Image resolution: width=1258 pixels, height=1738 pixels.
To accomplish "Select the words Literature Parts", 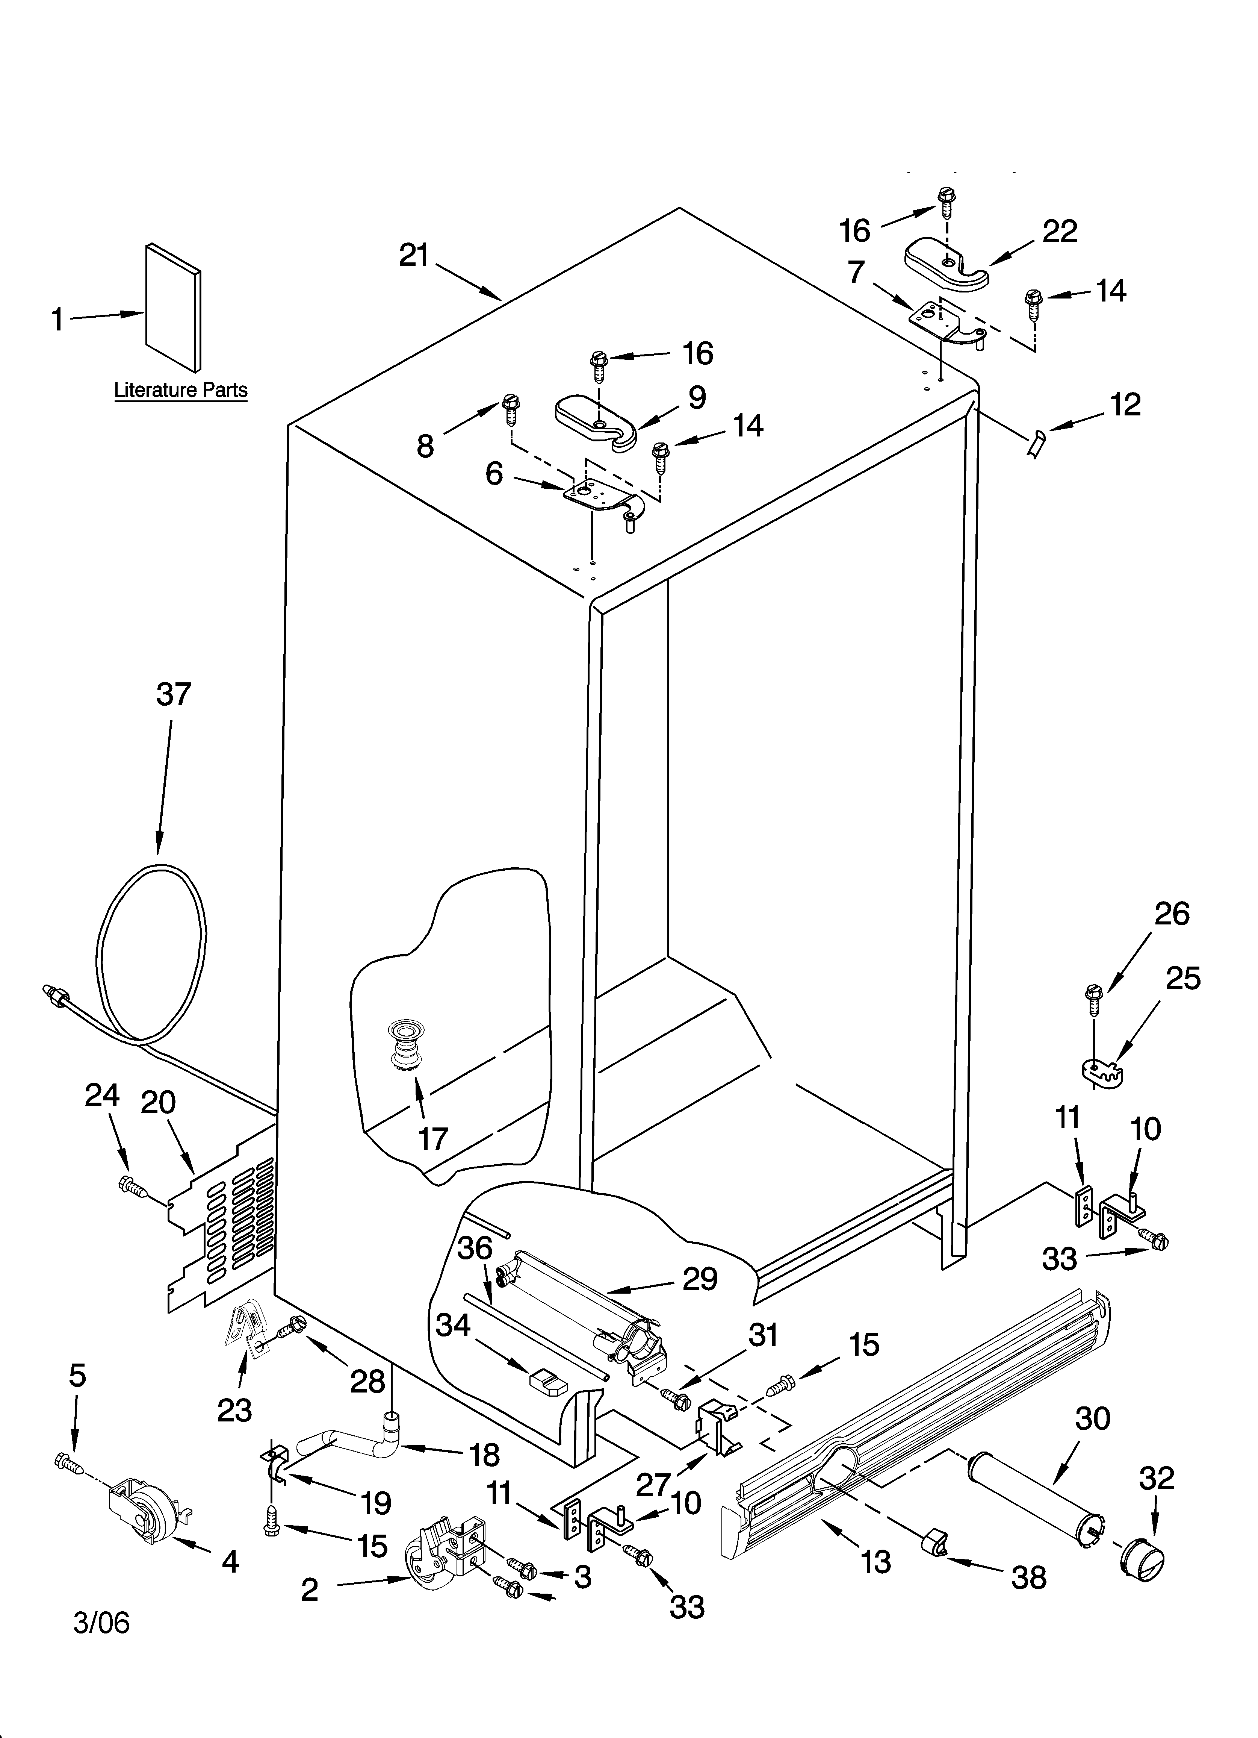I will pos(181,390).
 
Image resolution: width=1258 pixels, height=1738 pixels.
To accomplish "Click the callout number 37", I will pos(173,694).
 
